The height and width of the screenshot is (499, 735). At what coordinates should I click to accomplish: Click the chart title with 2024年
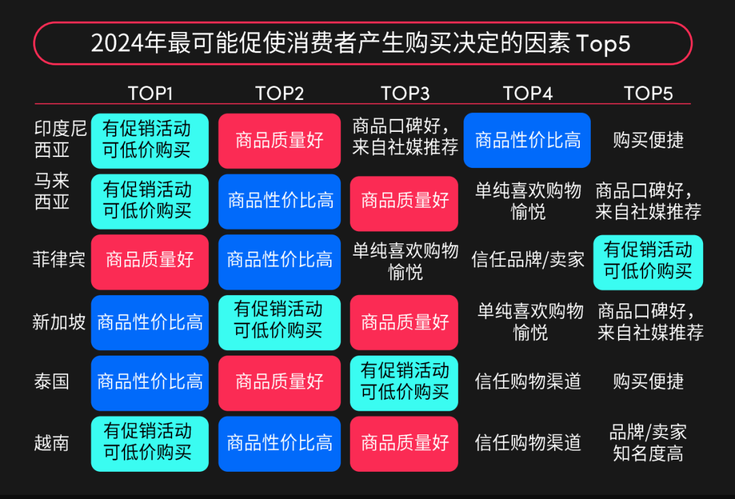360,43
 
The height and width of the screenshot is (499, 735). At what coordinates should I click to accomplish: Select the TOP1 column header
150,93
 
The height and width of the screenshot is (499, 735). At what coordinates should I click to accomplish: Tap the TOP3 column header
405,93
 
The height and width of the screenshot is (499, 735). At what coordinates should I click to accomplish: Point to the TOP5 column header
648,93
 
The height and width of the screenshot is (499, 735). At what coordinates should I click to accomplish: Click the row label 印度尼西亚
60,139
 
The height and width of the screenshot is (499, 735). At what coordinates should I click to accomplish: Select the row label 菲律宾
59,259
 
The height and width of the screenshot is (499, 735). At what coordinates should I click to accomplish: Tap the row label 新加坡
59,322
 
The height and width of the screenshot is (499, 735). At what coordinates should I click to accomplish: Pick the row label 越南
52,443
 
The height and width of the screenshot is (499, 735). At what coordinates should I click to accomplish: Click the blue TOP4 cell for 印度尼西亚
527,140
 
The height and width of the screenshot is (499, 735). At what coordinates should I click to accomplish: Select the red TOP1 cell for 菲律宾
150,262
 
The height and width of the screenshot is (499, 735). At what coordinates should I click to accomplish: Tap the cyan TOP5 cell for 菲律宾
648,262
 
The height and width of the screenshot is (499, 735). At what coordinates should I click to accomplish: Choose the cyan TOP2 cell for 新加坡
280,322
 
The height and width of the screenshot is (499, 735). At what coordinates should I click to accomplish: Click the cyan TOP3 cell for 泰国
404,383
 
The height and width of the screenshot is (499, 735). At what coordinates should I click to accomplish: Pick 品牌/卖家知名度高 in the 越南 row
648,443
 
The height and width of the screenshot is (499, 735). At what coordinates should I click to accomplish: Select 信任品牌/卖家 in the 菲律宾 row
528,259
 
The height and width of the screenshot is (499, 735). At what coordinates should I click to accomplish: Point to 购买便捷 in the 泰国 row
648,381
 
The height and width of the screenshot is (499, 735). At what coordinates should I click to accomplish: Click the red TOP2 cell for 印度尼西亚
280,141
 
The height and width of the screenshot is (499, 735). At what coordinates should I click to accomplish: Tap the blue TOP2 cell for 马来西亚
280,201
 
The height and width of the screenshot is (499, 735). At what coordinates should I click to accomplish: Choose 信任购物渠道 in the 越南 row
528,443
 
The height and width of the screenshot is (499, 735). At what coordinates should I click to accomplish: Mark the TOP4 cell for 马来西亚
528,201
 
